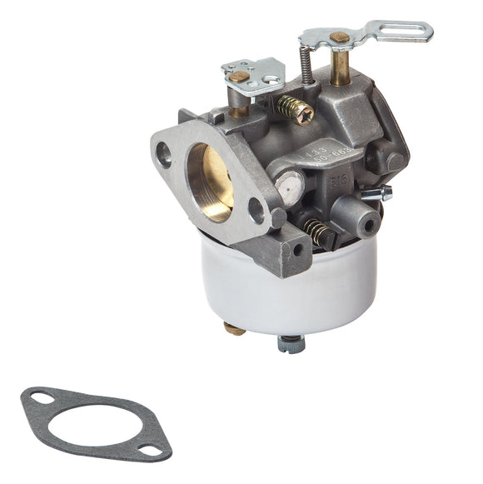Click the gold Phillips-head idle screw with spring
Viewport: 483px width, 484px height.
(294, 109)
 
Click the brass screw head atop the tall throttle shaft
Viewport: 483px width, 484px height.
(339, 38)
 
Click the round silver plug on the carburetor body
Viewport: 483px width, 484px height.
(291, 186)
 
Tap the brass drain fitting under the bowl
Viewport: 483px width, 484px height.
(236, 328)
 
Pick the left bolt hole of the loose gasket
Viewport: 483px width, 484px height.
(39, 402)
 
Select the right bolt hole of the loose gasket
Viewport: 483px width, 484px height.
(151, 450)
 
